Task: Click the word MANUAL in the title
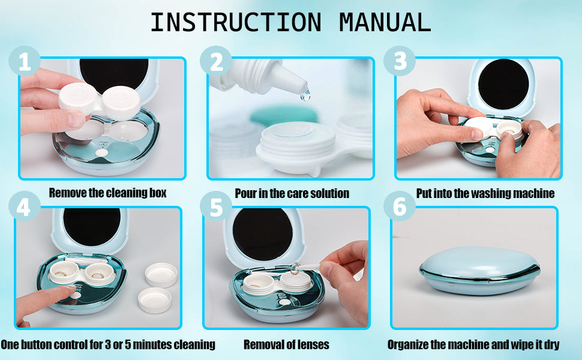click(385, 22)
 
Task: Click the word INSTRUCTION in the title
click(235, 22)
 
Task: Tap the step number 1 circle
click(25, 62)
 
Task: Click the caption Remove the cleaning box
click(107, 193)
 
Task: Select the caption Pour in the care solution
click(292, 193)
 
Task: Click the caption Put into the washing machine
click(485, 193)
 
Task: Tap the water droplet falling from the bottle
click(305, 94)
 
